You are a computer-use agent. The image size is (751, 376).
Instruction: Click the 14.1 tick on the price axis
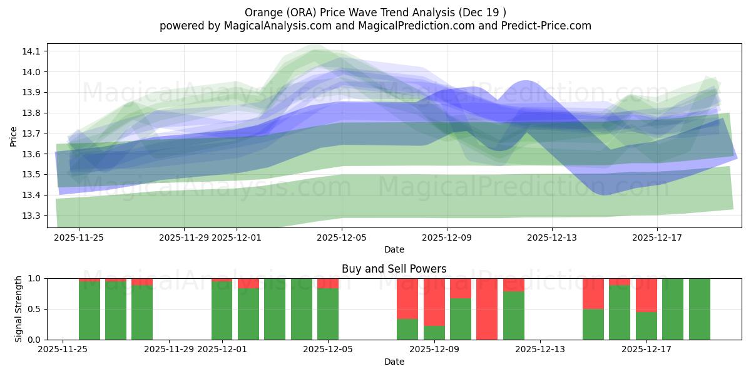point(32,51)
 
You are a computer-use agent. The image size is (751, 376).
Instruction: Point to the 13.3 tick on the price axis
point(32,216)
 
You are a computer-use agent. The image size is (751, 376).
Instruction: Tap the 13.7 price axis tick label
point(32,133)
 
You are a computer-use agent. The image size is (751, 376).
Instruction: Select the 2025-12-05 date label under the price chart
point(342,238)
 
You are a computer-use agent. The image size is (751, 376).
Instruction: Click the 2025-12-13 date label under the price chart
point(552,238)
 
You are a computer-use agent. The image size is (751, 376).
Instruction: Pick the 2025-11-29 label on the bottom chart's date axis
point(169,350)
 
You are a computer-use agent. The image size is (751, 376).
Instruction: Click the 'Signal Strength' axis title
point(19,308)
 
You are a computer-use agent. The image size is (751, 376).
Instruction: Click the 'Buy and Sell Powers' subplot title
point(394,269)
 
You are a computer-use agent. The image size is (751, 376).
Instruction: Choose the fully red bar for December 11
point(487,309)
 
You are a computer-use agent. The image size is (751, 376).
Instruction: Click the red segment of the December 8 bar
point(407,298)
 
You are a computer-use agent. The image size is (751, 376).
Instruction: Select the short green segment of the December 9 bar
point(434,333)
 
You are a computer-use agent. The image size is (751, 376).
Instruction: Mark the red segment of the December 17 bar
point(646,295)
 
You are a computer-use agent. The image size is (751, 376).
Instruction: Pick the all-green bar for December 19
point(699,309)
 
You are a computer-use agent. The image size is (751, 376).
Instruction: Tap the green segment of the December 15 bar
point(593,325)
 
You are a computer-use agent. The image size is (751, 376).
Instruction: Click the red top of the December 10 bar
point(461,288)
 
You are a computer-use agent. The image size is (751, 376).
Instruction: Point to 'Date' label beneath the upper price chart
point(394,249)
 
